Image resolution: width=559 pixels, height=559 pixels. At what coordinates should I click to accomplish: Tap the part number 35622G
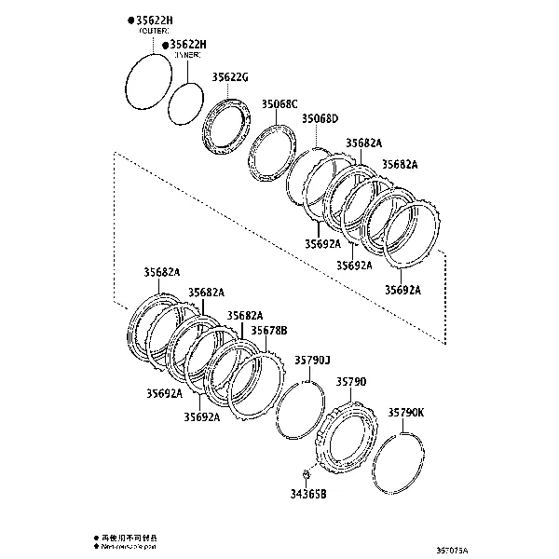point(230,77)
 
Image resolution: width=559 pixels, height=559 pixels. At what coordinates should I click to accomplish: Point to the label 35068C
point(279,103)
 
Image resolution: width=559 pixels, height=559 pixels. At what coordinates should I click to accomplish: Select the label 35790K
point(406,411)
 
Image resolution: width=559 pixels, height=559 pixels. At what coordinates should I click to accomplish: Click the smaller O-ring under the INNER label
point(186,101)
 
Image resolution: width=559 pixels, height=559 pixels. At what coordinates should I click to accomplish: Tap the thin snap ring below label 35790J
point(301,411)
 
